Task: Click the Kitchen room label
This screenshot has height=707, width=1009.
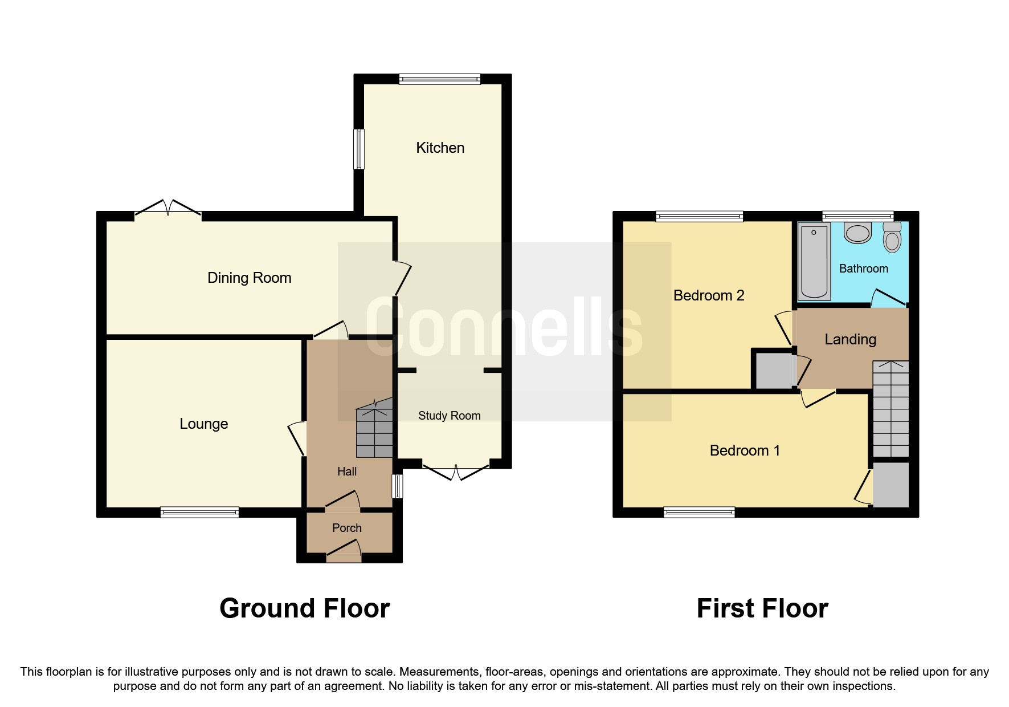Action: tap(440, 148)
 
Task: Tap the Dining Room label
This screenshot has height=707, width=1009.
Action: tap(249, 278)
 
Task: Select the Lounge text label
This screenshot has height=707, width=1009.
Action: tap(203, 424)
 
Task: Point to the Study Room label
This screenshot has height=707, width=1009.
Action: tap(449, 416)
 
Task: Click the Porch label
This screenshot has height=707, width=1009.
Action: tap(346, 528)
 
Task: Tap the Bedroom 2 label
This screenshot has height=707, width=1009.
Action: tap(708, 295)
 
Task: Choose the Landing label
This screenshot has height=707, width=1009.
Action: tap(850, 339)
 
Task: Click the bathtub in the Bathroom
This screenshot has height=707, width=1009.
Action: tap(814, 261)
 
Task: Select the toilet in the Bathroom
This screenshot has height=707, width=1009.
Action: tap(892, 237)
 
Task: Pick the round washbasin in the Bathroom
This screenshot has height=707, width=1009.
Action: tap(857, 233)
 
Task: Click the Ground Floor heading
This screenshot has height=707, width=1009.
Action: tap(304, 608)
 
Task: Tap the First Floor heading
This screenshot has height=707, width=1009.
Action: tap(762, 608)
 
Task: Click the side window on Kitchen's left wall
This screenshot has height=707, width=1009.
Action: tap(359, 149)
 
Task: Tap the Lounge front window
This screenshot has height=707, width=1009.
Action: tap(199, 512)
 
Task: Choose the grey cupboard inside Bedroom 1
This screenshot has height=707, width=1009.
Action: tap(890, 485)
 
